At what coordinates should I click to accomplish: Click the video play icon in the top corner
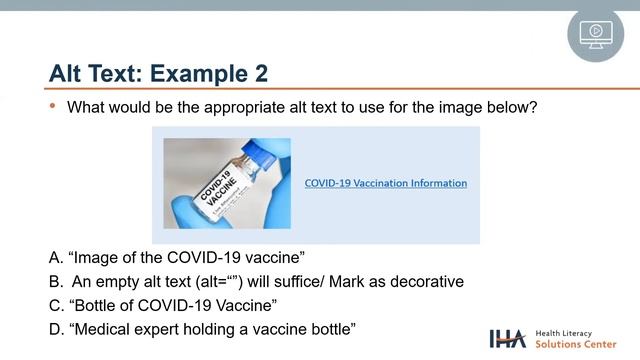[595, 34]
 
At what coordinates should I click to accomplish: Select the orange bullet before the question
[53, 105]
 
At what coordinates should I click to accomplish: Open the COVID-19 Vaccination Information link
[385, 183]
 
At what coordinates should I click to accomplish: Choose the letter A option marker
[55, 257]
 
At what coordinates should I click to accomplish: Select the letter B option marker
[55, 281]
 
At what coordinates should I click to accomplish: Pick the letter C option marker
[55, 305]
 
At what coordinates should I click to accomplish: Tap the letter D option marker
[55, 329]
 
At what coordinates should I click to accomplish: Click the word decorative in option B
[426, 281]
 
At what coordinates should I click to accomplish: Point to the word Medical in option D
[107, 329]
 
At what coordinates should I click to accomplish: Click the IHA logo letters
[508, 338]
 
